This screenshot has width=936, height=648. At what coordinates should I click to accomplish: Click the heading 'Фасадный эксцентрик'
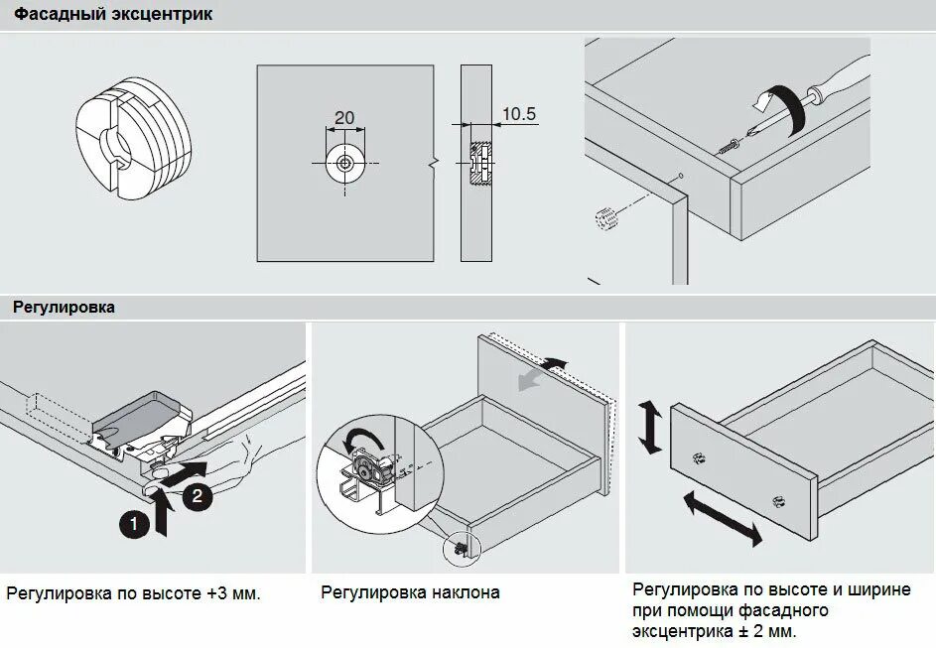pyautogui.click(x=112, y=15)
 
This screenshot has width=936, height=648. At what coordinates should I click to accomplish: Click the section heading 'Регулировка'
pyautogui.click(x=64, y=308)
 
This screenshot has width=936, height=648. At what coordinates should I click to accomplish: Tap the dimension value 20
pyautogui.click(x=343, y=118)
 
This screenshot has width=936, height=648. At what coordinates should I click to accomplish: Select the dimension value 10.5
pyautogui.click(x=518, y=114)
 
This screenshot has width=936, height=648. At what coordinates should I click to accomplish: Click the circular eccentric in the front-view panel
pyautogui.click(x=343, y=164)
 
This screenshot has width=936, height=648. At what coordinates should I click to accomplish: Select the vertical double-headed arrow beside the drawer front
pyautogui.click(x=650, y=427)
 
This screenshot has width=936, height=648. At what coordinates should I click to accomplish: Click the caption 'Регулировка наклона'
pyautogui.click(x=410, y=593)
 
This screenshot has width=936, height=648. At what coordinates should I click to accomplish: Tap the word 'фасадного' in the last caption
pyautogui.click(x=783, y=610)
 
